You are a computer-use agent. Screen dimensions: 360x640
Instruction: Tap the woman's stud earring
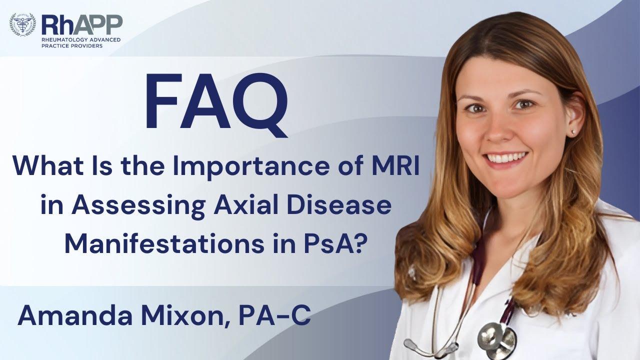tap(573, 131)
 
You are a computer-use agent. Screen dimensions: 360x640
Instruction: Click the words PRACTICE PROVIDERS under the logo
tap(73, 46)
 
